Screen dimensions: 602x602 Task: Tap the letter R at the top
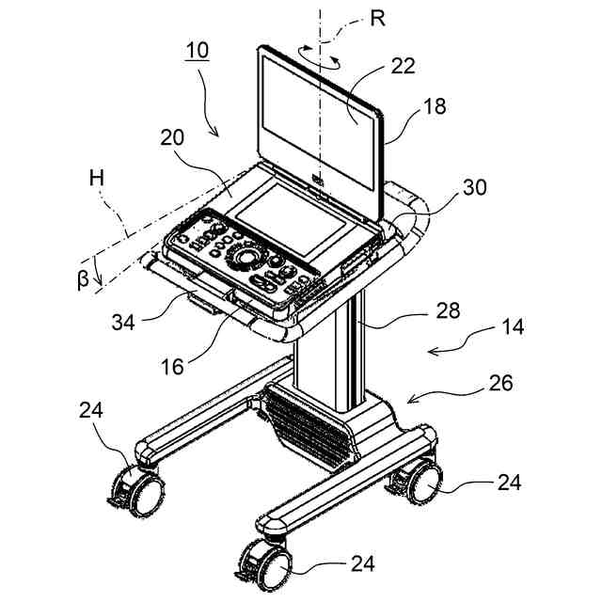[377, 20]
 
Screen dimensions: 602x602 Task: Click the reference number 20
[172, 138]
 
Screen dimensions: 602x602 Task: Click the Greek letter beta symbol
[82, 279]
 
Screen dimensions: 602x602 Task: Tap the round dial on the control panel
[248, 256]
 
